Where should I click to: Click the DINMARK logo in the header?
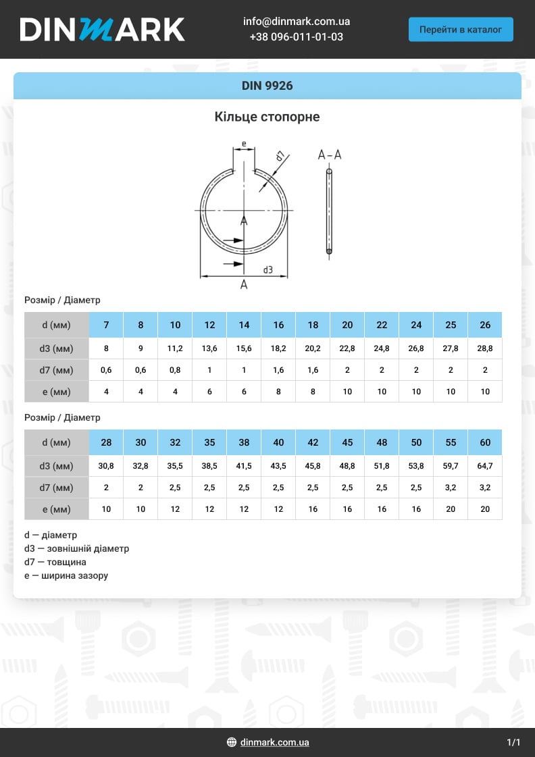pos(102,29)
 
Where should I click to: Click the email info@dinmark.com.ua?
pos(296,22)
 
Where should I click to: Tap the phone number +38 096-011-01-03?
pos(296,37)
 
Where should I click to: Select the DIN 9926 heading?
pos(267,86)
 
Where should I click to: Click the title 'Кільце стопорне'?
pos(267,117)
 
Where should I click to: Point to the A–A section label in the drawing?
pos(330,155)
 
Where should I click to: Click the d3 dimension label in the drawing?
pos(268,270)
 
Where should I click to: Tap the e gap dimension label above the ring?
pos(243,144)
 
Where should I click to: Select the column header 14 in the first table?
pos(244,325)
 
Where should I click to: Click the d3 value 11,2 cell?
pos(175,348)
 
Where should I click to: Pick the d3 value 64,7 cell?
pos(485,466)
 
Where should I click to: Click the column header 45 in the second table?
pos(347,442)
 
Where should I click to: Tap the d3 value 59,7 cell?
pos(451,466)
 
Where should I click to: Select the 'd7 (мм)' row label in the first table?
pos(57,370)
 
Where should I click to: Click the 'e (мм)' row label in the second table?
pos(57,509)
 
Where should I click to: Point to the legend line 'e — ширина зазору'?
pos(66,576)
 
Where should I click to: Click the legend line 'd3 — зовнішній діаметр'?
pos(76,549)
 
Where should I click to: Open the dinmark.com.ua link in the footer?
pos(274,742)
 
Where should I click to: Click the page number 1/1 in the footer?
pos(513,742)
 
